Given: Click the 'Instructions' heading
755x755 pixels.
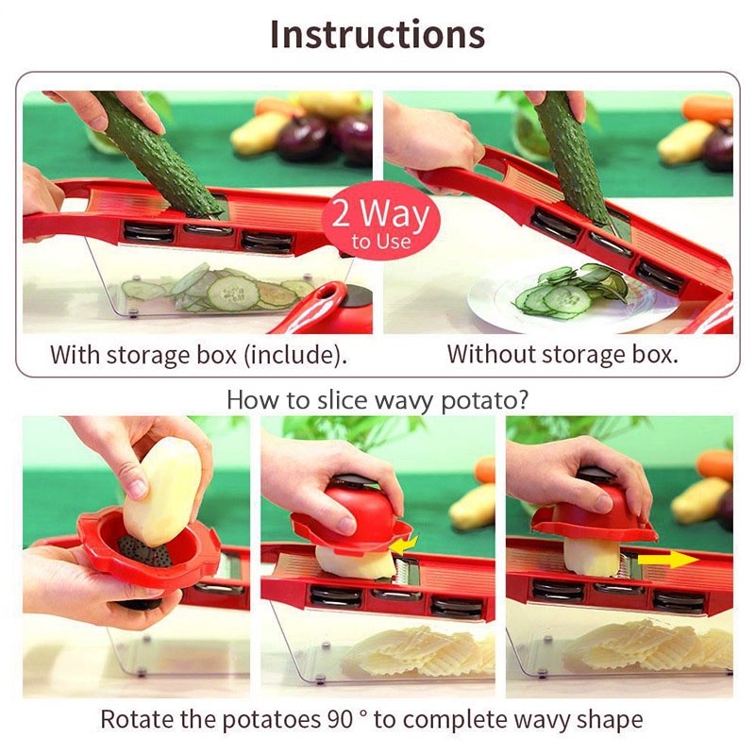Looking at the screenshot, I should [x=377, y=34].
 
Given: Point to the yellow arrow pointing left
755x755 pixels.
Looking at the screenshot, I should [x=405, y=545].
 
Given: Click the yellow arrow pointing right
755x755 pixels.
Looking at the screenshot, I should [x=668, y=559].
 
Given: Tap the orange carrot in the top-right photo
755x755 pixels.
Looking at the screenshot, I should [x=708, y=108].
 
